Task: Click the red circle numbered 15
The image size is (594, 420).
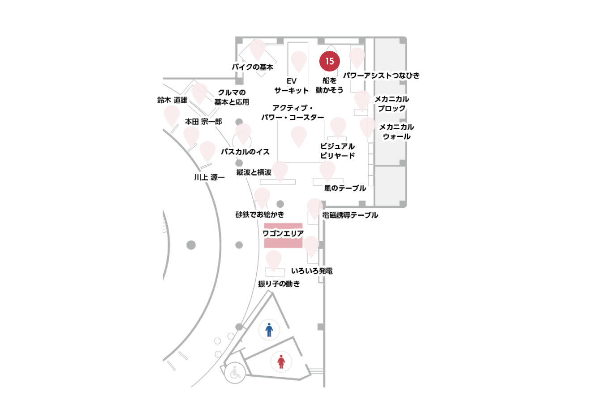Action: pyautogui.click(x=329, y=61)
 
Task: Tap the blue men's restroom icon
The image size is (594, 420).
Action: pyautogui.click(x=269, y=330)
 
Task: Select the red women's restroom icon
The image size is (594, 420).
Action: pyautogui.click(x=281, y=362)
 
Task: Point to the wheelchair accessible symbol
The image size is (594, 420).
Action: pyautogui.click(x=235, y=373)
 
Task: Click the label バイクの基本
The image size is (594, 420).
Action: pyautogui.click(x=252, y=67)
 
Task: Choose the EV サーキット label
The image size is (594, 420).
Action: pyautogui.click(x=292, y=86)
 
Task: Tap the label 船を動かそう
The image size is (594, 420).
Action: pyautogui.click(x=329, y=85)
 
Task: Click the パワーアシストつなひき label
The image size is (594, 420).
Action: pyautogui.click(x=382, y=76)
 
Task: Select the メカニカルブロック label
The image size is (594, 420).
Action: pyautogui.click(x=391, y=104)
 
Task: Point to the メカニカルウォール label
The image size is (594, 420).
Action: pyautogui.click(x=396, y=132)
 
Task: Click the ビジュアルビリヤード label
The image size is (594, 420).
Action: pyautogui.click(x=337, y=151)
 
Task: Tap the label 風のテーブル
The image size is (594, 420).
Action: pyautogui.click(x=345, y=188)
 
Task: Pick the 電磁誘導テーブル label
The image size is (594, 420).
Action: pyautogui.click(x=350, y=215)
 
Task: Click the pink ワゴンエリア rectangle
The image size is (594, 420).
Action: pyautogui.click(x=283, y=235)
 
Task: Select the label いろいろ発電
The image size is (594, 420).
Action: pyautogui.click(x=312, y=271)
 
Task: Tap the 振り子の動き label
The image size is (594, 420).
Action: pyautogui.click(x=279, y=284)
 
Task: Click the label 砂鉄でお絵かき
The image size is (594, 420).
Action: pyautogui.click(x=259, y=214)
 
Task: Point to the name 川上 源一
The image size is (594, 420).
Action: pyautogui.click(x=209, y=177)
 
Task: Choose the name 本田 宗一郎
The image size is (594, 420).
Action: pyautogui.click(x=204, y=122)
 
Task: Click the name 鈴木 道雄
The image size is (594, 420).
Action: pyautogui.click(x=172, y=100)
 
